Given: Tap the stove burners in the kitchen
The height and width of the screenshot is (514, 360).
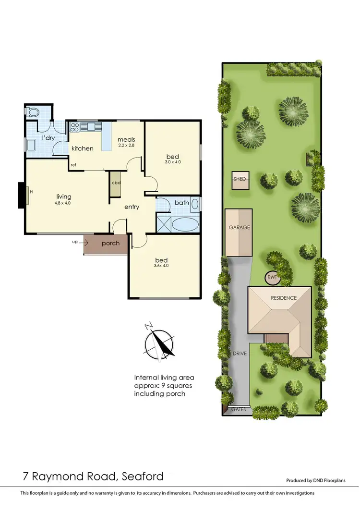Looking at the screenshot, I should [x=75, y=127].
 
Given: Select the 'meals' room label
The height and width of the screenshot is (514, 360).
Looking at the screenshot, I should [x=127, y=140].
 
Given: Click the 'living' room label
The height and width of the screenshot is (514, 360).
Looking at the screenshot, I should [x=63, y=196].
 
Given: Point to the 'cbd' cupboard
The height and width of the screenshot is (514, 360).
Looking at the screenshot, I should [x=116, y=183].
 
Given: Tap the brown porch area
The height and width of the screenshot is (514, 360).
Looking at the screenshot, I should [x=106, y=244].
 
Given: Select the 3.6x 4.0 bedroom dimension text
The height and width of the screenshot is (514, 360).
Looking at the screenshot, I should [x=161, y=265].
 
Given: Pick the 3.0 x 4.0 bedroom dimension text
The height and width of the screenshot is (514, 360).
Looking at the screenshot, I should [x=174, y=162].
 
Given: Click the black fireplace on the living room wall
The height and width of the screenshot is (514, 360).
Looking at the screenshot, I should [x=22, y=195].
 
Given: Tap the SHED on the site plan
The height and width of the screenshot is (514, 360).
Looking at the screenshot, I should [x=240, y=179].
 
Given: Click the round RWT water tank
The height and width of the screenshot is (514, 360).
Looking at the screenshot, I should [x=272, y=278].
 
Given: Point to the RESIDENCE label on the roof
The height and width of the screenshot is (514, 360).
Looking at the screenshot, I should [x=284, y=298].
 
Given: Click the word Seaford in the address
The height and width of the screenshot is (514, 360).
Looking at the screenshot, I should [x=142, y=477].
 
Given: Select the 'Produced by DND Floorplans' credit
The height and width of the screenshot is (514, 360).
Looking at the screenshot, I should [x=315, y=480].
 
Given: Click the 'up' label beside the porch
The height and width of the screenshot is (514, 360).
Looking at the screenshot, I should [x=74, y=242].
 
